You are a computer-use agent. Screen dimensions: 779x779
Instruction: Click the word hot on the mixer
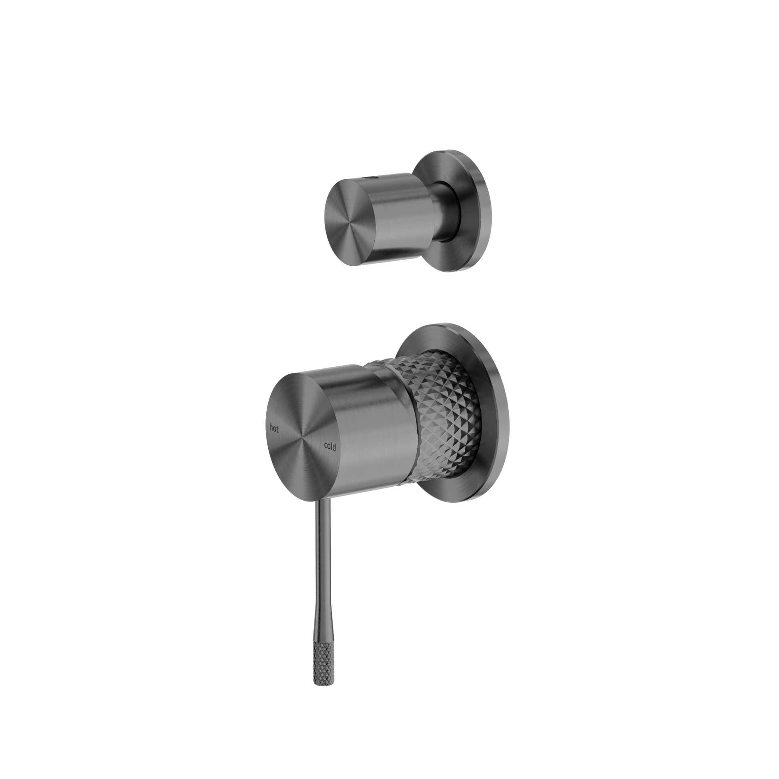(274, 428)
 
